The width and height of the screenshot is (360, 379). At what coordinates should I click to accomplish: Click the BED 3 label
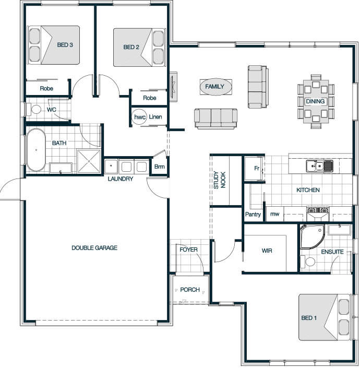tap(65, 45)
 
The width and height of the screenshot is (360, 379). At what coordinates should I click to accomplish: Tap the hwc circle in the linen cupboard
tap(140, 117)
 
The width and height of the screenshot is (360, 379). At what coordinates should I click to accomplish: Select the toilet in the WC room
tap(34, 110)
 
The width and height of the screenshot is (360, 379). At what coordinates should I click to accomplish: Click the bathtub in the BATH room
tap(36, 150)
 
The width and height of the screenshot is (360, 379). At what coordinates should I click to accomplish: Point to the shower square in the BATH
tap(89, 161)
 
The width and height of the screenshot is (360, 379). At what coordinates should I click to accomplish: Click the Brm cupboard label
tap(160, 167)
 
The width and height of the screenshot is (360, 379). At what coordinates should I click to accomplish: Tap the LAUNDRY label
tap(121, 179)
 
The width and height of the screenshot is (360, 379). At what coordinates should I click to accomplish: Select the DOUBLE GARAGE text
tap(94, 248)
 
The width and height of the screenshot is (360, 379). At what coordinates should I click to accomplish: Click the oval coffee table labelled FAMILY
tap(215, 87)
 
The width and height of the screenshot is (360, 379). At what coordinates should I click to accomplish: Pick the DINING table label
tap(315, 101)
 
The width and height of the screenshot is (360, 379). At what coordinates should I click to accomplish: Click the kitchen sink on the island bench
tap(319, 166)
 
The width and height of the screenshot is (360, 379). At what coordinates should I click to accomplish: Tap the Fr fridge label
tap(257, 168)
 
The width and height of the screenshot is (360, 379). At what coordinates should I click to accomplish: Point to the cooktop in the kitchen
tap(317, 209)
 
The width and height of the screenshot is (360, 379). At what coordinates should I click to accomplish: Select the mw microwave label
tap(275, 214)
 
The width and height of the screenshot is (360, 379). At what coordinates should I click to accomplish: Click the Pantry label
tap(253, 215)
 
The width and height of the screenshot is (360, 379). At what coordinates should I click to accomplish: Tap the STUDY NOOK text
tap(220, 180)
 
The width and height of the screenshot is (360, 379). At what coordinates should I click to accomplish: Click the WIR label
tap(267, 251)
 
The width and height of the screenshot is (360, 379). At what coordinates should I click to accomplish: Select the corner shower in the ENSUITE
tap(311, 236)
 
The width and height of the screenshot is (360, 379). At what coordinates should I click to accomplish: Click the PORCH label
tap(190, 290)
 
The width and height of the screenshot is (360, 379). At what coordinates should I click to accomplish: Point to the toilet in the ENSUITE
tap(308, 262)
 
